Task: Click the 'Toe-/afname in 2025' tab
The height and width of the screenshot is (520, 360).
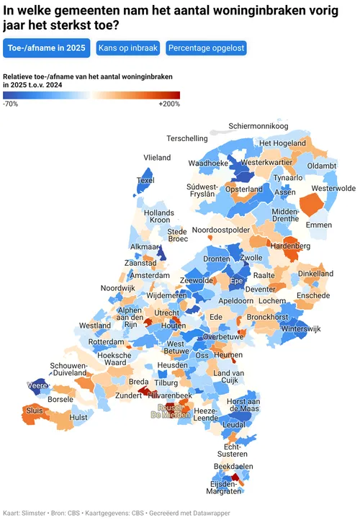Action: tap(46, 49)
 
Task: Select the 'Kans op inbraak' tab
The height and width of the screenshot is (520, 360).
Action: tap(128, 49)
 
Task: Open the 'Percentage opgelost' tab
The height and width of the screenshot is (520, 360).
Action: tap(206, 49)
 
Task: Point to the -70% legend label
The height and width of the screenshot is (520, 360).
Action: tap(11, 104)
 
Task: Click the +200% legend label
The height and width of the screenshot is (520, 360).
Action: tap(169, 104)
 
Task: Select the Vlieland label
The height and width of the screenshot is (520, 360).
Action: tap(157, 157)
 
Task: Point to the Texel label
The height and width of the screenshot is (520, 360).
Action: tap(145, 180)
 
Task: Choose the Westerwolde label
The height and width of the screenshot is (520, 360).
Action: tap(333, 188)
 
